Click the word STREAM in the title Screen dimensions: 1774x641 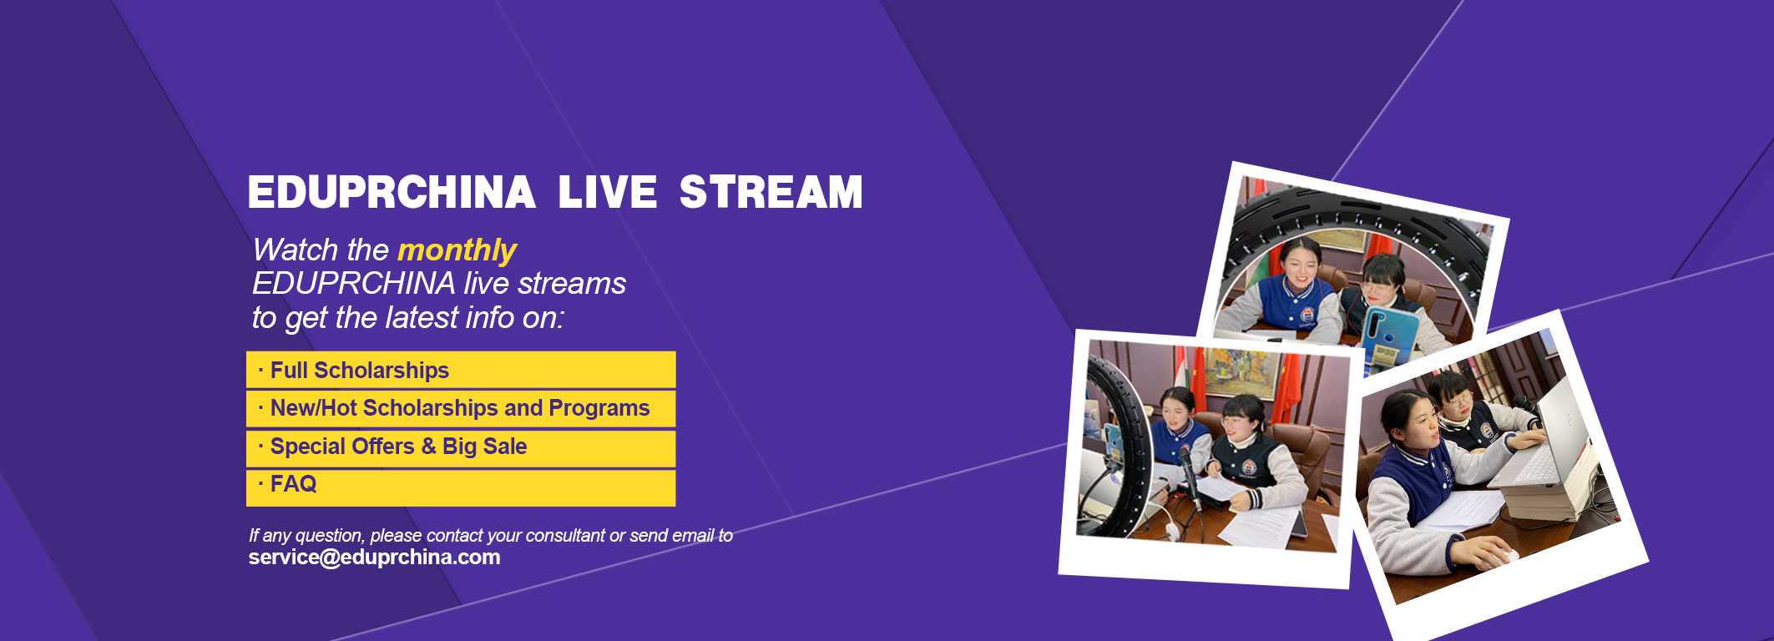pos(771,193)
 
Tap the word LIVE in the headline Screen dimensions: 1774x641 pos(607,193)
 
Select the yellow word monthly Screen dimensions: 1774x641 pos(457,250)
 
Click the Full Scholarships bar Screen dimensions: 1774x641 pos(461,370)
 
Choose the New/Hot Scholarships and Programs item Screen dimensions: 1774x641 pos(461,408)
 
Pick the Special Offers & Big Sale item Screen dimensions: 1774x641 pos(461,447)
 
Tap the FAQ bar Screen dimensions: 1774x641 pos(461,487)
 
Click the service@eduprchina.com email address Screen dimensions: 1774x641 pos(374,558)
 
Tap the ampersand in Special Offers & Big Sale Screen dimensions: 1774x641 pos(428,447)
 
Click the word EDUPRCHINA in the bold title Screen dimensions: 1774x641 pos(392,193)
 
